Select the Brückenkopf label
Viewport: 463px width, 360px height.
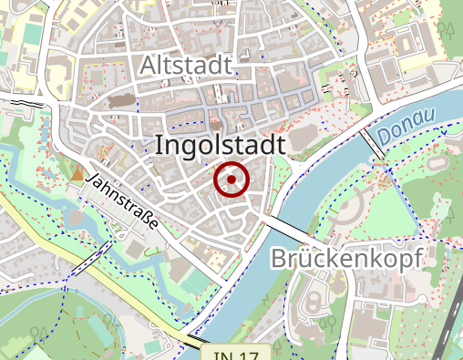(347, 259)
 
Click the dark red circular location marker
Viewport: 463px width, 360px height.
(231, 180)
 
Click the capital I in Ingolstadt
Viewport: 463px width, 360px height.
(160, 145)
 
